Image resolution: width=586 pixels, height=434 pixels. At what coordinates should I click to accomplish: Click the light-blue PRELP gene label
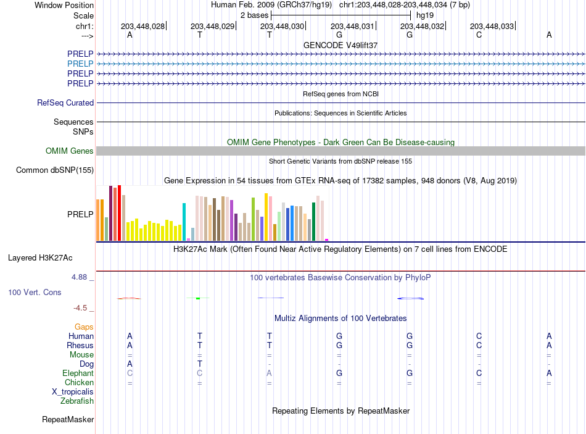coord(80,64)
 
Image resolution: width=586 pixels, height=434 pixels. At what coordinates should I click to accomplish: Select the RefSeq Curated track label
coord(65,102)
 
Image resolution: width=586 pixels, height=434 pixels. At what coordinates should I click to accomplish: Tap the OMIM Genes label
coord(70,151)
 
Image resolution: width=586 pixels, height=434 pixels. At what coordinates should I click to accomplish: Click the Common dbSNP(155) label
coord(55,170)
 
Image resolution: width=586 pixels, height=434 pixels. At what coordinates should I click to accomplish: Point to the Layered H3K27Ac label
coord(40,258)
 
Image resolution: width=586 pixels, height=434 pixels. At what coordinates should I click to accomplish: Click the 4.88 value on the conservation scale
coord(79,277)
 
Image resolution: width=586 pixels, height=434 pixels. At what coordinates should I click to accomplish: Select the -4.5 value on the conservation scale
coord(80,308)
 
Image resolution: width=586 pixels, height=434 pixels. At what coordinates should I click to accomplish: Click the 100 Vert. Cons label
coord(35,292)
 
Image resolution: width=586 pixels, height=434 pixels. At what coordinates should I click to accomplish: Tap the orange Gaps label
coord(84,327)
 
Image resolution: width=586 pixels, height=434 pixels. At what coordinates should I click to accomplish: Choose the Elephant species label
coord(78,373)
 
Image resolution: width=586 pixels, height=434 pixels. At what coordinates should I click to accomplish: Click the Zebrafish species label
coord(77,401)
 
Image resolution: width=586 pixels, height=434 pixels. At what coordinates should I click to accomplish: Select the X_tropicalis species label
coord(73,392)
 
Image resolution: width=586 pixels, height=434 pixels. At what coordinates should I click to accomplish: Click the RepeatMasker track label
coord(68,420)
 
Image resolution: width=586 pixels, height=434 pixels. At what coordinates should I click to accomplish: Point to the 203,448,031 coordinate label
coord(352,26)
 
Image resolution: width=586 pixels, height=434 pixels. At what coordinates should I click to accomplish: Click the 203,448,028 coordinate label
coord(142,26)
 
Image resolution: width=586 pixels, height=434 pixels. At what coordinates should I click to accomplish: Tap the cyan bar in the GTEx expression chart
coord(184,222)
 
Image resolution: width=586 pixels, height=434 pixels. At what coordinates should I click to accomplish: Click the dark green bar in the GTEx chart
coord(313,222)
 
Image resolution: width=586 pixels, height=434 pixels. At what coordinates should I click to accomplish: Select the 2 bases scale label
coord(255,15)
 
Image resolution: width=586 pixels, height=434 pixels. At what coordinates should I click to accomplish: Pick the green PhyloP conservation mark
coord(198,298)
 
